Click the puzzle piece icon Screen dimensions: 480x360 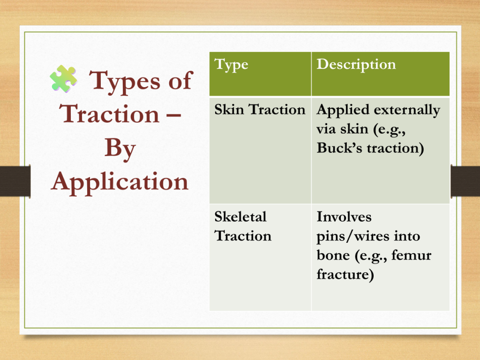tap(64, 79)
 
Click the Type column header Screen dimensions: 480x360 tap(231, 65)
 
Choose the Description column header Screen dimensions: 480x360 tap(356, 65)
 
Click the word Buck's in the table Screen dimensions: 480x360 tap(339, 148)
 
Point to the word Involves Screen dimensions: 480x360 tap(344, 217)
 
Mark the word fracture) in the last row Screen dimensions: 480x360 tap(345, 274)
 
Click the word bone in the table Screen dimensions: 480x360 tap(333, 255)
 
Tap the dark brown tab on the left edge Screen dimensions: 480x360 tap(15, 181)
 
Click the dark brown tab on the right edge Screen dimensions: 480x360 tap(465, 181)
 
